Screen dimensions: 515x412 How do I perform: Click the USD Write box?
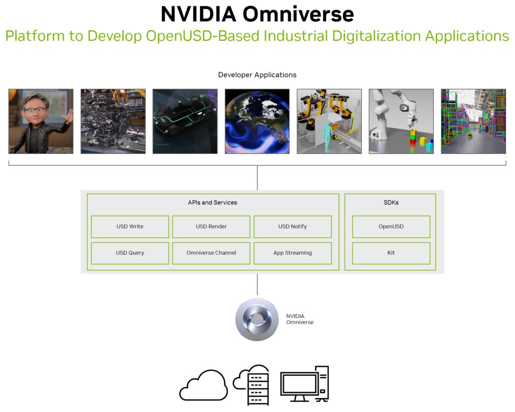click(130, 227)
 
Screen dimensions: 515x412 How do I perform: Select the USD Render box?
click(211, 227)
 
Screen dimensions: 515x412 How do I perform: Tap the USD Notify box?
click(293, 227)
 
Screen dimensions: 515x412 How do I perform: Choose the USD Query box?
click(130, 253)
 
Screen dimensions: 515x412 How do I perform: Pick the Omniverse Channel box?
click(211, 253)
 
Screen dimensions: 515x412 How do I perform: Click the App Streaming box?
click(293, 253)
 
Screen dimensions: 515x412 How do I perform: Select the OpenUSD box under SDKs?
click(391, 227)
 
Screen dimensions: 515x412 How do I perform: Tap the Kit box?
click(391, 253)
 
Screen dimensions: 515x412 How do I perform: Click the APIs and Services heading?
click(212, 202)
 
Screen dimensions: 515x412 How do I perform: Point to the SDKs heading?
click(391, 202)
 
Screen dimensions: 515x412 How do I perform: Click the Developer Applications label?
click(257, 75)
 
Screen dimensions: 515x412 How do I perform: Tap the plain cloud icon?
click(204, 385)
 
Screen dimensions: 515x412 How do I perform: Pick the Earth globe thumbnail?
click(257, 121)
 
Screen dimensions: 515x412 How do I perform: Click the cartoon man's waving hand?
click(68, 116)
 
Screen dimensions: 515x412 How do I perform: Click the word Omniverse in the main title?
click(298, 14)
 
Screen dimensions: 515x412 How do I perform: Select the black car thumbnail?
click(185, 121)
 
